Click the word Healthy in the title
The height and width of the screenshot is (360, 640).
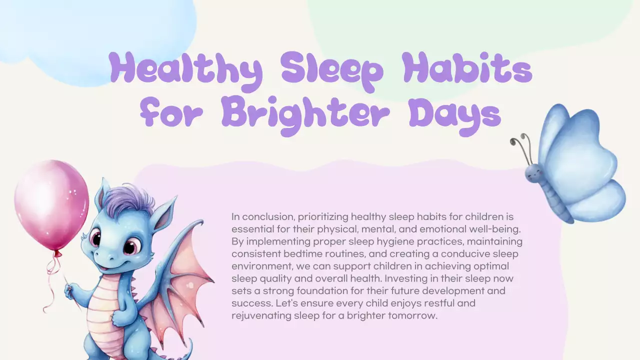[x=185, y=70]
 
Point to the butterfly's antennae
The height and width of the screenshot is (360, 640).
[x=520, y=145]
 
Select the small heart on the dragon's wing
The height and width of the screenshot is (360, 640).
[x=189, y=285]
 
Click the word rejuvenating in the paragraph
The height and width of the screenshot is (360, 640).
[x=260, y=315]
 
